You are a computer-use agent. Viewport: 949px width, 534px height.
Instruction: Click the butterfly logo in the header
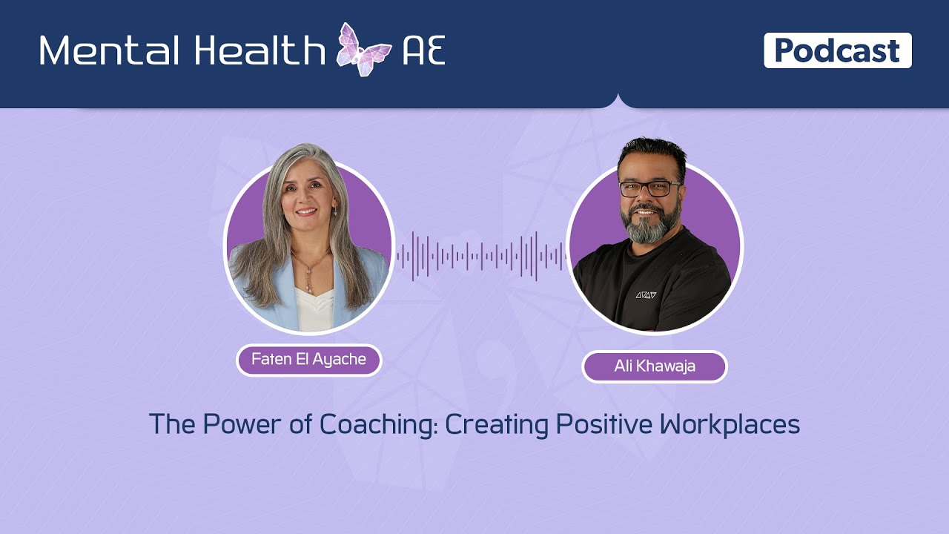click(364, 50)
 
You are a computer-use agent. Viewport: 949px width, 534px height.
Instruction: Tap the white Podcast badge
click(837, 50)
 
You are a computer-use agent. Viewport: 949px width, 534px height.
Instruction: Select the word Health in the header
click(259, 50)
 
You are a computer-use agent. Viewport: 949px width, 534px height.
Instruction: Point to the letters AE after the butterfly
click(423, 50)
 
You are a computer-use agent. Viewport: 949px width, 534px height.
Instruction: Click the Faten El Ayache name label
click(308, 360)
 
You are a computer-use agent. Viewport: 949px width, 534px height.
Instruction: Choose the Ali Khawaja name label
click(654, 366)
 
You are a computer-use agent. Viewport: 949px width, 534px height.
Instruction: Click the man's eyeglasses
click(649, 188)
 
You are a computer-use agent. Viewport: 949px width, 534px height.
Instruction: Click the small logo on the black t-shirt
click(646, 294)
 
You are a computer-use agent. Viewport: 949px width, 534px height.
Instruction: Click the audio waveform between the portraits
click(480, 257)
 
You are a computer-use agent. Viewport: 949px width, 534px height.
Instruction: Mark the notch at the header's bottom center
click(618, 102)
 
